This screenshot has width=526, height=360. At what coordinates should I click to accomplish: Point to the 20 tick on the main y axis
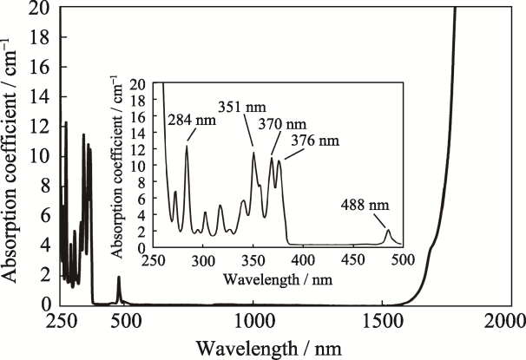42,8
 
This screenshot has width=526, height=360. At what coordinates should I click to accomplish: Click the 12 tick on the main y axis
42,127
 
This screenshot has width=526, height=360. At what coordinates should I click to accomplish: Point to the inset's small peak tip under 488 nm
388,230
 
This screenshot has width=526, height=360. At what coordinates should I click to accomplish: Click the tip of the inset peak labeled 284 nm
187,146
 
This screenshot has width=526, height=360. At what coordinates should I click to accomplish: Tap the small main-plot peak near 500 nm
119,277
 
